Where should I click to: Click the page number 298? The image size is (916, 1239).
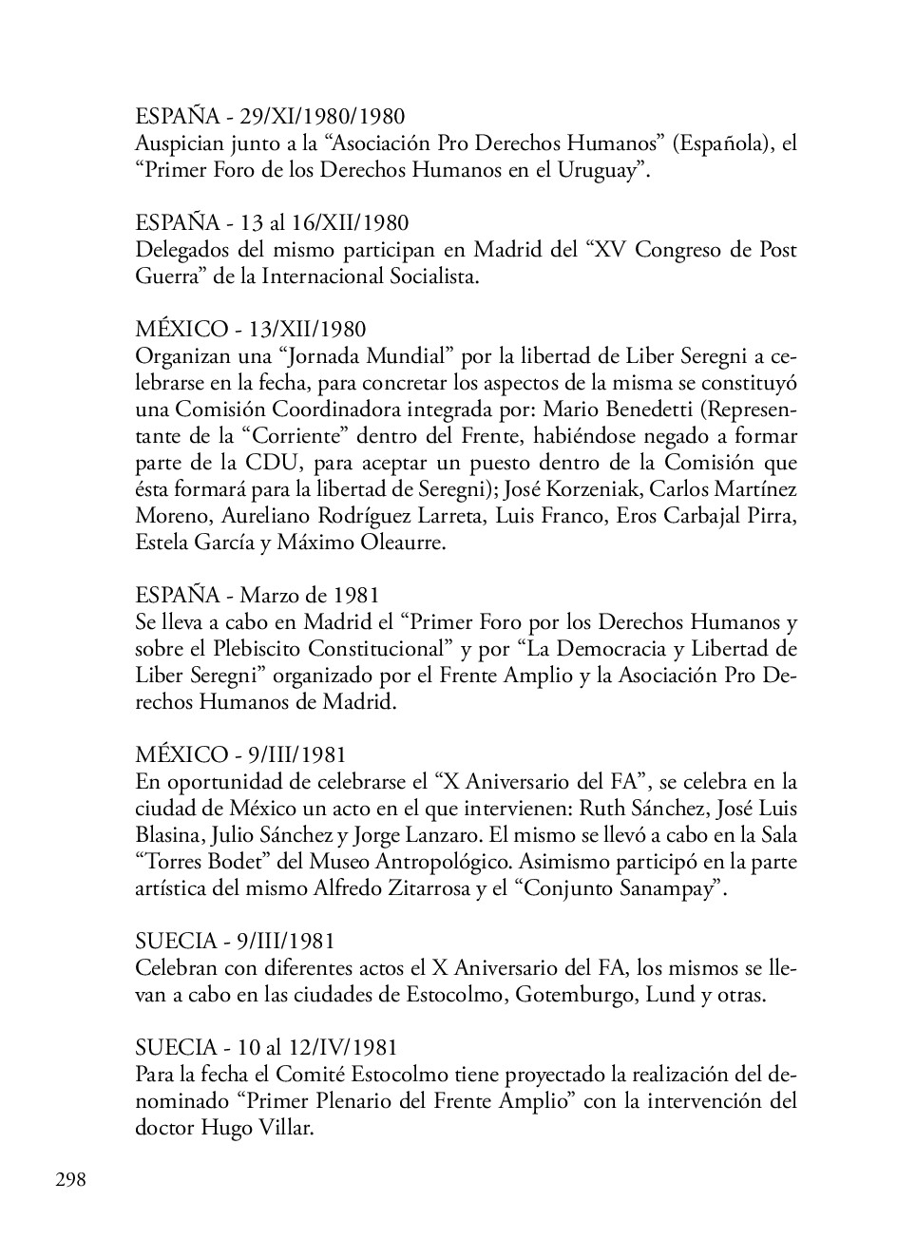70,1180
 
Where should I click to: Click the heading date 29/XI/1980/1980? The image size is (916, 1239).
322,117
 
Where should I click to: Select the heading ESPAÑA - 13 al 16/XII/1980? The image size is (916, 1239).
272,223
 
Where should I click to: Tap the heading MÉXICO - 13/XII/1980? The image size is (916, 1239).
250,330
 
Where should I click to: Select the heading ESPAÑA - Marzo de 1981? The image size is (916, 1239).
257,596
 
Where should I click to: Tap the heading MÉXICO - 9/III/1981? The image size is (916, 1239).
240,755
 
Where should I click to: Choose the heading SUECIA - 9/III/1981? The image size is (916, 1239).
235,942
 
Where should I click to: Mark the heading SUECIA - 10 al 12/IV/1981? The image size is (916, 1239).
266,1048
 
